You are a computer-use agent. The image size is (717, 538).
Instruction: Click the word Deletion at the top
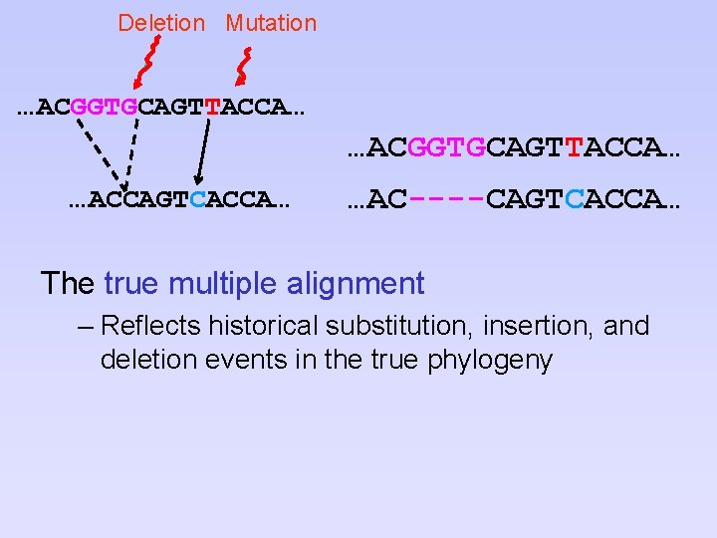[161, 23]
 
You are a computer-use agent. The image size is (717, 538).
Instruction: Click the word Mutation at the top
[271, 23]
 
